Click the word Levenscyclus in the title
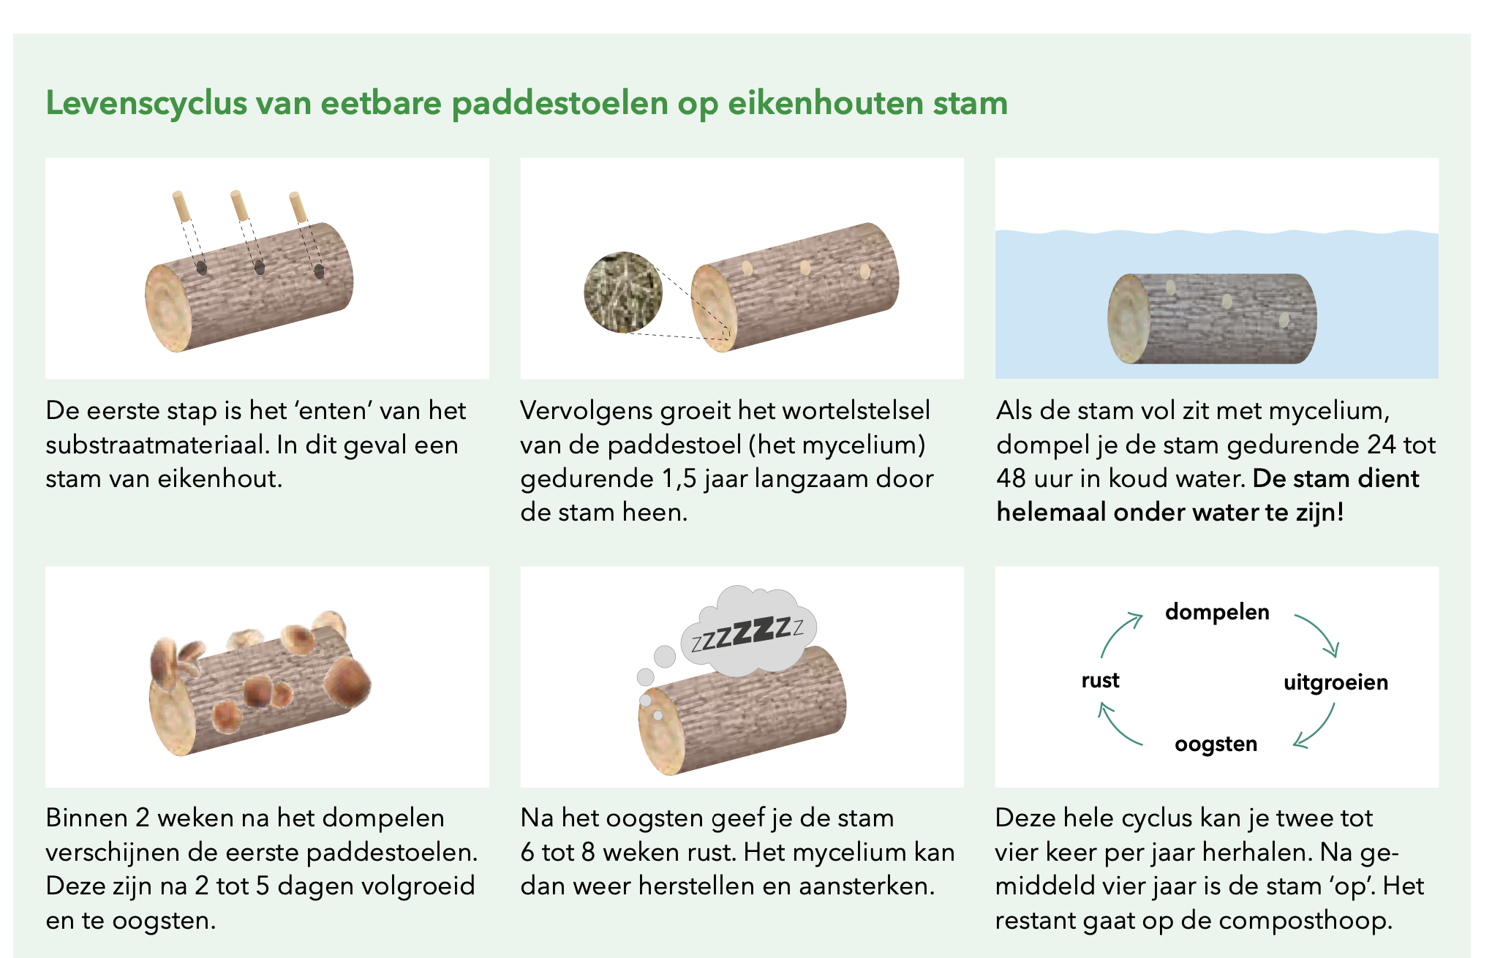[x=146, y=103]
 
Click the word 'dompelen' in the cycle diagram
[x=1217, y=612]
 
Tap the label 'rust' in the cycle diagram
[x=1100, y=680]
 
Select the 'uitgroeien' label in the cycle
[x=1335, y=682]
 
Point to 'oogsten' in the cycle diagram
[x=1216, y=744]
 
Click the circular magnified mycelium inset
[x=623, y=292]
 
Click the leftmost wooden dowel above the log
[x=181, y=206]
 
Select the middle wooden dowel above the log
[x=240, y=205]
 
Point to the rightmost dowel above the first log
[x=298, y=207]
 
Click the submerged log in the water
[x=1212, y=319]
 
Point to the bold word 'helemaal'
[x=1050, y=512]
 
